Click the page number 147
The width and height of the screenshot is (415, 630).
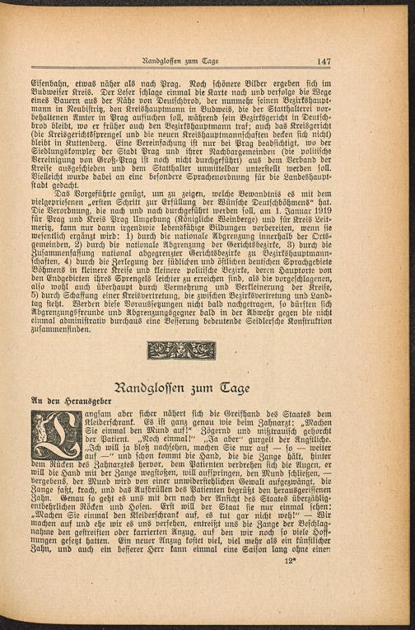click(x=323, y=60)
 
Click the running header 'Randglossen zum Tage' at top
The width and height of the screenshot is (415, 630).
click(x=179, y=61)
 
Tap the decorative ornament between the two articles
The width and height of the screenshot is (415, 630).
click(x=180, y=350)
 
